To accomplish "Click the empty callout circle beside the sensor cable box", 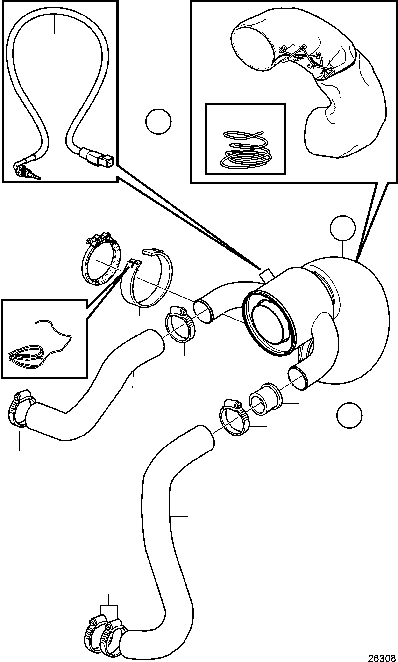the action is (x=158, y=121).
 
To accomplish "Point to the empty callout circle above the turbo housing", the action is (x=343, y=228).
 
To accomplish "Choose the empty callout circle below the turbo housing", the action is (x=349, y=415).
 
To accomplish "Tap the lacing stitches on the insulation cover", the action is (x=306, y=60).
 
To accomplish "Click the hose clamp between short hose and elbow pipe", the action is (x=180, y=324).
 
